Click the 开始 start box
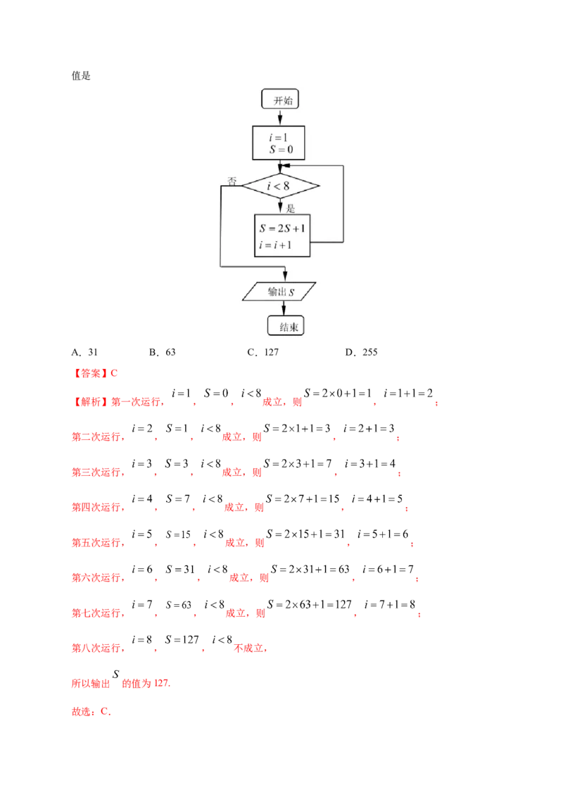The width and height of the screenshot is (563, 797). (281, 100)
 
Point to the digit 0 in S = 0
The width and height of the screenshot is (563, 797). (289, 149)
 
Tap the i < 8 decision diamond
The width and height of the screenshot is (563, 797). (281, 186)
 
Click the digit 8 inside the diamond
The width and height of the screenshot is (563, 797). (286, 186)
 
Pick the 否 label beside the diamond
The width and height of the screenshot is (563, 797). (232, 181)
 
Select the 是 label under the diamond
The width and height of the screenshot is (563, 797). (290, 207)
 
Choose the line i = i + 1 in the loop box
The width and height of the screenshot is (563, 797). (275, 244)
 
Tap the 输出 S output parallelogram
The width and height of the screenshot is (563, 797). (279, 291)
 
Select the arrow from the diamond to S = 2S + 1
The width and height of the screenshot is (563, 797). (281, 206)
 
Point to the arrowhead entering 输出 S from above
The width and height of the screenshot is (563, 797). (284, 277)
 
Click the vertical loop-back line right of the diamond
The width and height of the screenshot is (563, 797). (343, 204)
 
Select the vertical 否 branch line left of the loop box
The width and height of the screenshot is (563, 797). (221, 225)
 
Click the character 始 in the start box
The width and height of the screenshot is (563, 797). (286, 100)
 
